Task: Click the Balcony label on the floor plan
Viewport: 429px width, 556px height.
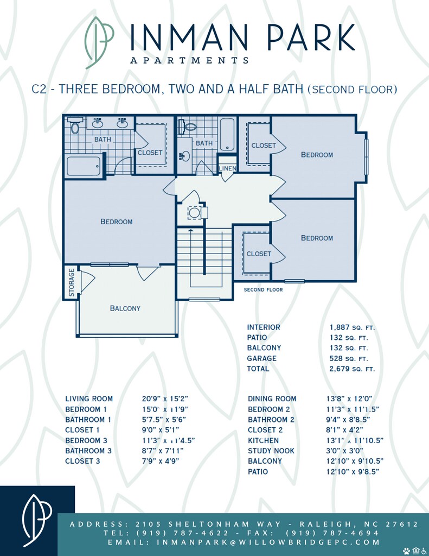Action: pyautogui.click(x=125, y=308)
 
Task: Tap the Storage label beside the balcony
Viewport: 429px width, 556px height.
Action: pyautogui.click(x=72, y=282)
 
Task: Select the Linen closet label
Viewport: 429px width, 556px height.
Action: pyautogui.click(x=227, y=168)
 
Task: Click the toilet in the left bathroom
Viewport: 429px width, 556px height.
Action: pyautogui.click(x=75, y=126)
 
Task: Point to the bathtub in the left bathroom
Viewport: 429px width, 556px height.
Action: pyautogui.click(x=84, y=166)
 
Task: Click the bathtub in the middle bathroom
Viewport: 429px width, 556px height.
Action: pyautogui.click(x=227, y=135)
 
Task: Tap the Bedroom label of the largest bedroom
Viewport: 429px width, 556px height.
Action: pyautogui.click(x=117, y=222)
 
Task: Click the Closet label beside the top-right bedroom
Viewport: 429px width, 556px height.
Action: pyautogui.click(x=264, y=146)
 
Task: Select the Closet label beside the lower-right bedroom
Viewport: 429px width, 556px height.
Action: pyautogui.click(x=259, y=254)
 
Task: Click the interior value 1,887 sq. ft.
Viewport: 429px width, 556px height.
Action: pyautogui.click(x=352, y=327)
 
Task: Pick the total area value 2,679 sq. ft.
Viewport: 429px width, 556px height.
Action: pyautogui.click(x=352, y=369)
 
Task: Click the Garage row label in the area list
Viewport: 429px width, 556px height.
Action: pyautogui.click(x=262, y=358)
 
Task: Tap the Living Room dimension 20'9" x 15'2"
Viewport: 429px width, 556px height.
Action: pyautogui.click(x=165, y=399)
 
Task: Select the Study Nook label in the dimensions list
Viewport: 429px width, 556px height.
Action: pyautogui.click(x=271, y=451)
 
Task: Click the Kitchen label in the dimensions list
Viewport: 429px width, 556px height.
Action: pyautogui.click(x=263, y=440)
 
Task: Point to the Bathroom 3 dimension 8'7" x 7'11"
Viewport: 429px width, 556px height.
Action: pyautogui.click(x=163, y=451)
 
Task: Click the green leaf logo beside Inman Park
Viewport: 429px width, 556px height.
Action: pyautogui.click(x=99, y=42)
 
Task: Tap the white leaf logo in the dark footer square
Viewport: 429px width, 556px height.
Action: pyautogui.click(x=36, y=520)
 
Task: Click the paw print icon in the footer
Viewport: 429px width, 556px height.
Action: pyautogui.click(x=406, y=551)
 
